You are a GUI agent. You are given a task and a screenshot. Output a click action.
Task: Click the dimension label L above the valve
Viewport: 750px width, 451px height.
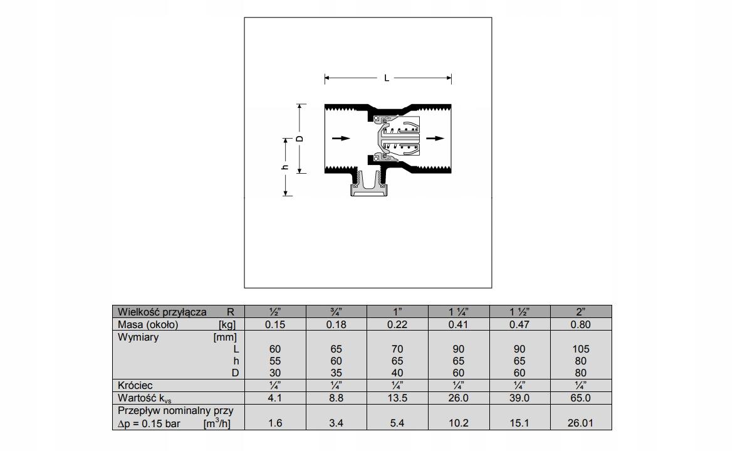387,78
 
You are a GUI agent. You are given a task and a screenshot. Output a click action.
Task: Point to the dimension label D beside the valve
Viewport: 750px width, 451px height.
300,139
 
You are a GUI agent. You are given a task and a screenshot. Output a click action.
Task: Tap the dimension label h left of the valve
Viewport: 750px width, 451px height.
285,167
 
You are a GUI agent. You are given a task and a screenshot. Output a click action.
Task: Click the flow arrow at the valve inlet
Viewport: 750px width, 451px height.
341,139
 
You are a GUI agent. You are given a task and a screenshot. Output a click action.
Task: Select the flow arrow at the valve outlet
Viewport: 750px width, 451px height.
435,139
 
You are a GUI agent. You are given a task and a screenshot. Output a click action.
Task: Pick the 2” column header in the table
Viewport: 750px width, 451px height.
581,312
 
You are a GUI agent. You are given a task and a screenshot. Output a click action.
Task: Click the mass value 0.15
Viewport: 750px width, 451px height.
275,324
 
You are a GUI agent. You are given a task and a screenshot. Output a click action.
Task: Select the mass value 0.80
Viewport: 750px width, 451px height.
581,324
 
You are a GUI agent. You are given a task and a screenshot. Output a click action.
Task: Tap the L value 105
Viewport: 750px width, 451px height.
581,349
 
